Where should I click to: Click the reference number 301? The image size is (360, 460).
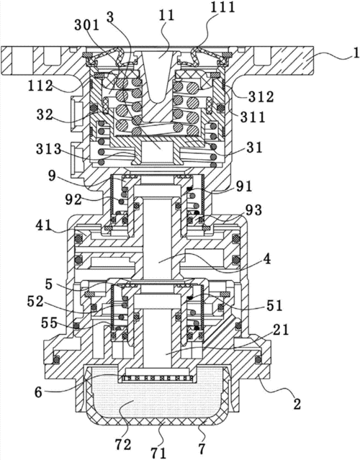pos(87,26)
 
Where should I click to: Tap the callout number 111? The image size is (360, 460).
pos(222,7)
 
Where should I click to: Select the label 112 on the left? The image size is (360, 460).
pos(40,86)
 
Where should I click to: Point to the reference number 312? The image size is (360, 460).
pos(261,96)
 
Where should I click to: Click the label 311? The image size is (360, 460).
pos(253,117)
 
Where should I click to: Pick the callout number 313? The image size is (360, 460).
pos(49,150)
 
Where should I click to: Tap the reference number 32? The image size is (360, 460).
pos(45,115)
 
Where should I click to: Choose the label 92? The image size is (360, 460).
pos(73,200)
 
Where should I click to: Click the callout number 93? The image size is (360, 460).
pos(253,210)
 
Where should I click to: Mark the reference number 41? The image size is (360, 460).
pos(43,225)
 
